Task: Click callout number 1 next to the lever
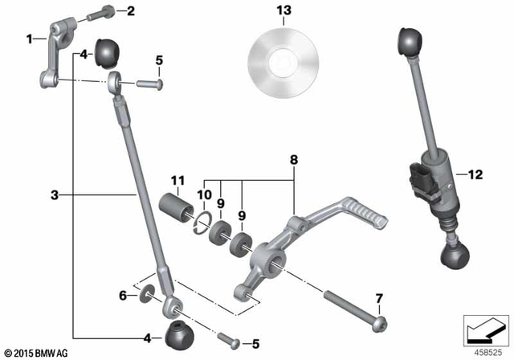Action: pos(30,38)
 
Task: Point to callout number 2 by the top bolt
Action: pos(132,10)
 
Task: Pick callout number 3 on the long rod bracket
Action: pos(54,194)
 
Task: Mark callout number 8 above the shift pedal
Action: pos(295,161)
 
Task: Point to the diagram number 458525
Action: pos(488,351)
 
